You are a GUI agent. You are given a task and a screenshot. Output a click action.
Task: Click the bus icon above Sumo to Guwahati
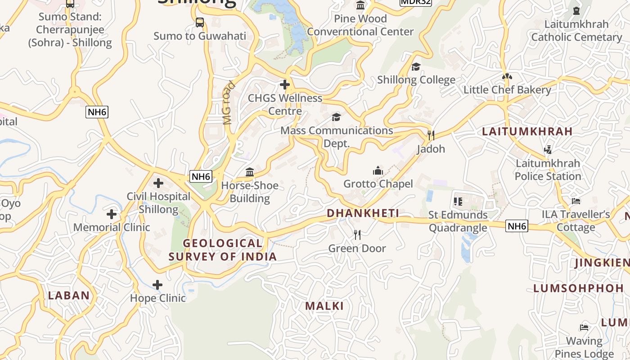tap(200, 22)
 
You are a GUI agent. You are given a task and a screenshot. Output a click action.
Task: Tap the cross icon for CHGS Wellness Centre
tap(284, 84)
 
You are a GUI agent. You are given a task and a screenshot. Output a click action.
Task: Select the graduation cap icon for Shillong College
tap(416, 67)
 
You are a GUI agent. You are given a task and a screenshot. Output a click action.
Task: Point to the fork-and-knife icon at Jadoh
tap(431, 135)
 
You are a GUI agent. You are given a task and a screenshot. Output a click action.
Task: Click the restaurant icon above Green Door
tap(357, 234)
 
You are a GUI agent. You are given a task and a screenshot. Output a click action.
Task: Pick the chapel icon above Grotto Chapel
tap(378, 171)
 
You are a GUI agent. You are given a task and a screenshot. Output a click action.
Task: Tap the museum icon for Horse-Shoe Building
tap(250, 172)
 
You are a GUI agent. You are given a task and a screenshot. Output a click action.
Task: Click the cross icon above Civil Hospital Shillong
tap(158, 183)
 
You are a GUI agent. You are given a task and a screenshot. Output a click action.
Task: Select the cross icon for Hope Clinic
tap(157, 285)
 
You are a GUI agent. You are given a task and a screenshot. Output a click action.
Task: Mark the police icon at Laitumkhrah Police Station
tap(548, 149)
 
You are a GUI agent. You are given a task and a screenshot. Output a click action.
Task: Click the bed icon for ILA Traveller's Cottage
tap(576, 201)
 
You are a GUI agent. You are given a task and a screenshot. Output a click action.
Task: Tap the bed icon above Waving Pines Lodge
tap(584, 327)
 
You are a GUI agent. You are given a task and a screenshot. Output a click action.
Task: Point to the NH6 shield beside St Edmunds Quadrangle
tap(517, 226)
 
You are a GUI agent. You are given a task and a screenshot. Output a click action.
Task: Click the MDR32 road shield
tap(415, 2)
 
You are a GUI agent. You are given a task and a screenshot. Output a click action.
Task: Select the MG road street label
tap(229, 103)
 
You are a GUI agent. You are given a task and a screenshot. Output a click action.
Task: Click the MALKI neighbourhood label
tap(324, 306)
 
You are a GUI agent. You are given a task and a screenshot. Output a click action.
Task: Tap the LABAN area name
tap(69, 296)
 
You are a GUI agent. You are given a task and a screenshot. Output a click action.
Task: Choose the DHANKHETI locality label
tap(363, 213)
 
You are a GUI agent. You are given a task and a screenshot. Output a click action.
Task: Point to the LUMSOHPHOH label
tap(579, 288)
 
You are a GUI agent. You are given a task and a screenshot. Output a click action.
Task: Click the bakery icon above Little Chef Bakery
tap(507, 76)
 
